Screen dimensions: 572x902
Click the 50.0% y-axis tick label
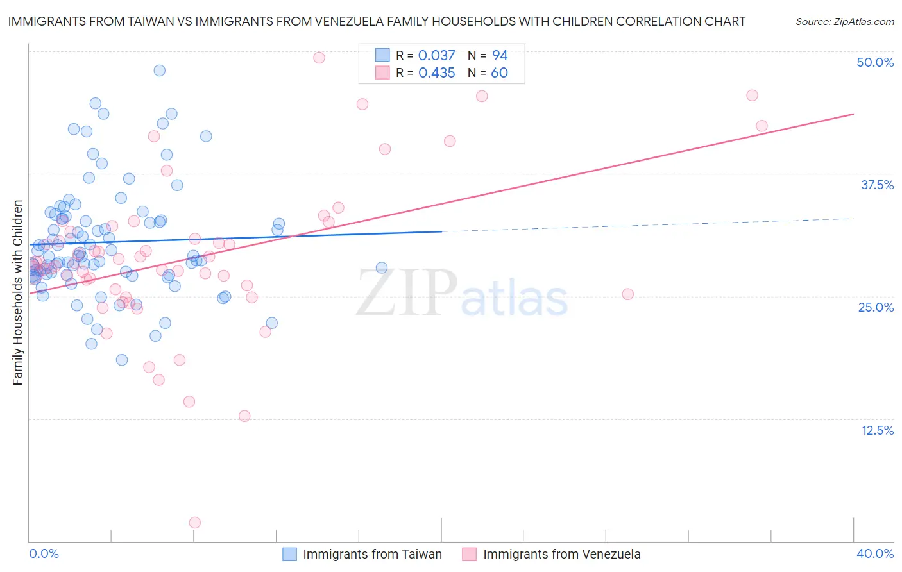[875, 62]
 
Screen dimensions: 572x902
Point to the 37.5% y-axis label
[877, 185]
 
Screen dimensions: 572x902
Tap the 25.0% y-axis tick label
[876, 307]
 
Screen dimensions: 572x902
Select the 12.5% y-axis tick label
[877, 430]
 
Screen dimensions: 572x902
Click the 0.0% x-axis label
[44, 553]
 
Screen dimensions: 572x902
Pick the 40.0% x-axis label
[875, 553]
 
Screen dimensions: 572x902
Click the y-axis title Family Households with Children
[17, 292]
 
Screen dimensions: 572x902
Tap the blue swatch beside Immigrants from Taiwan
[290, 554]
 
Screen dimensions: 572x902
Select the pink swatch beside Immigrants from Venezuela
[470, 554]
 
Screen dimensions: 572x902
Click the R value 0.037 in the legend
[436, 56]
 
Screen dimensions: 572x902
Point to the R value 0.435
[436, 73]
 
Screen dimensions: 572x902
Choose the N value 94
[500, 56]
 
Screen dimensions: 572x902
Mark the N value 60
[499, 73]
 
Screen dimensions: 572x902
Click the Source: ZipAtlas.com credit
[844, 22]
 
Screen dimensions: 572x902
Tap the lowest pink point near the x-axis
[195, 523]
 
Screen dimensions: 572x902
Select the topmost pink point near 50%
[319, 58]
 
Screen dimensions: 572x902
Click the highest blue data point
[160, 71]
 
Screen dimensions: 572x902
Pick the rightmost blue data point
[382, 268]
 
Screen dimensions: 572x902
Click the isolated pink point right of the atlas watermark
[628, 294]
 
